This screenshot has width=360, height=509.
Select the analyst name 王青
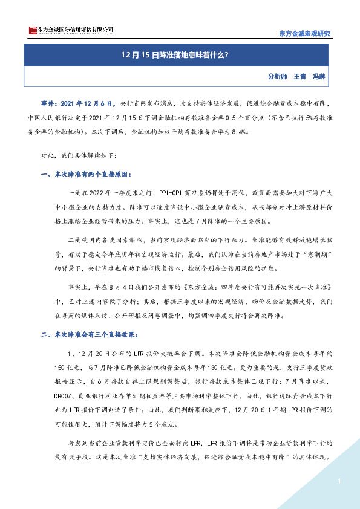(x=300, y=77)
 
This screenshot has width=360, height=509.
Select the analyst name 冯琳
(x=320, y=77)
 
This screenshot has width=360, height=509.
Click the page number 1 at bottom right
(x=339, y=481)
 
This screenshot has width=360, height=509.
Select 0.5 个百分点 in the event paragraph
(x=219, y=118)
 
